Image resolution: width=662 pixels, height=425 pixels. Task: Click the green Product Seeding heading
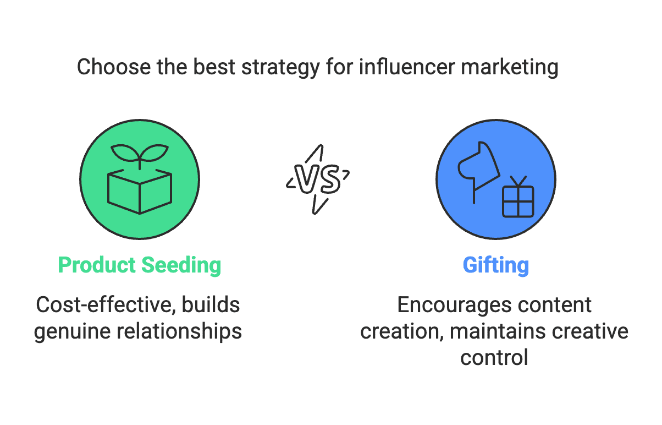(140, 265)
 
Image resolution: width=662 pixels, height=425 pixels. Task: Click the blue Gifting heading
(495, 265)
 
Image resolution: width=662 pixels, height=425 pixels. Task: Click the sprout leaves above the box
(140, 152)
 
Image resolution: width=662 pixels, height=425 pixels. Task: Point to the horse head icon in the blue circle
(478, 165)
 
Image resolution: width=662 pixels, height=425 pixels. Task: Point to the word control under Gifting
(494, 358)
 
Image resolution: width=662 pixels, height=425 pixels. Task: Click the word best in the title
(211, 68)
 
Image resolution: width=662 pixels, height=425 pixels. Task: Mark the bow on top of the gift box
(517, 181)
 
